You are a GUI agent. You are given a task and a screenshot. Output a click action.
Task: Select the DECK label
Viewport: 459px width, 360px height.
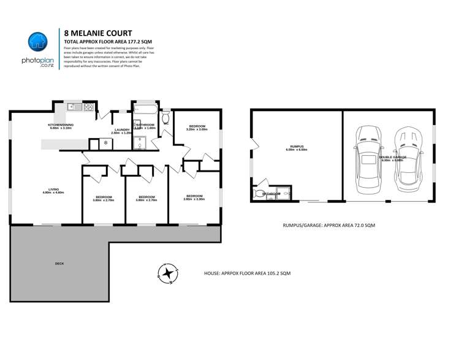(x=59, y=264)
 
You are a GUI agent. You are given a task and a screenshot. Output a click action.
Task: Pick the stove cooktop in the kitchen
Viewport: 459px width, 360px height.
(x=88, y=107)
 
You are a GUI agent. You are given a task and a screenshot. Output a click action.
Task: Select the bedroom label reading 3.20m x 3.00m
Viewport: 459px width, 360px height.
(x=197, y=128)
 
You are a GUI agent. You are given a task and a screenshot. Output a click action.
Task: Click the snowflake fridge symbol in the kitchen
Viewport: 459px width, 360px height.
(x=105, y=142)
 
